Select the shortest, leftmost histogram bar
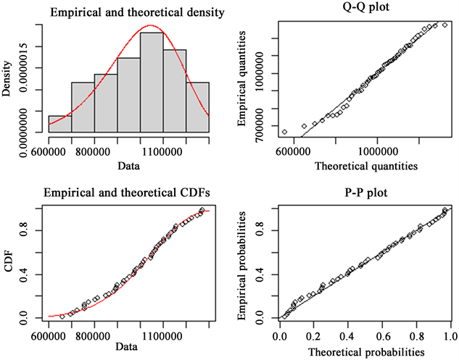59,124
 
